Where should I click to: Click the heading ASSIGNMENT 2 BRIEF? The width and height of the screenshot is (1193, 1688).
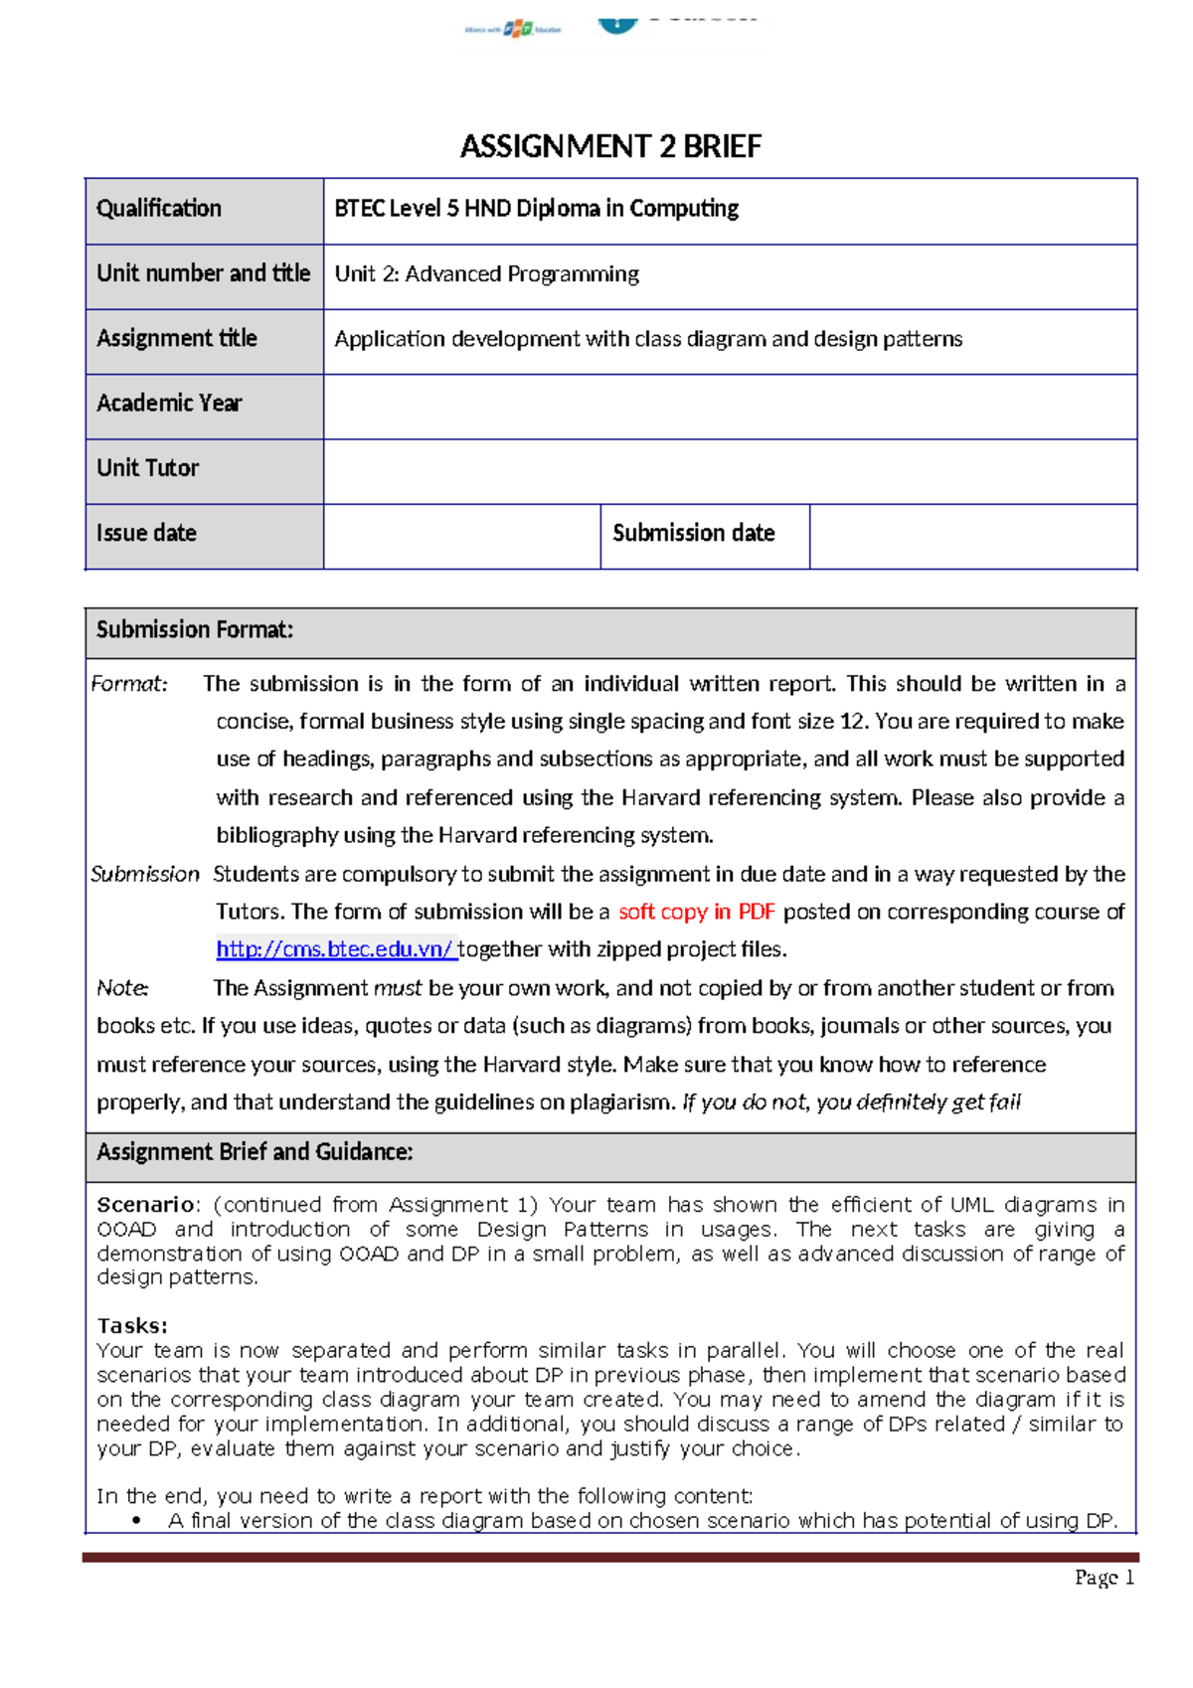[x=610, y=146]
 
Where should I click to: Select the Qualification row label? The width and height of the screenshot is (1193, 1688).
[x=159, y=209]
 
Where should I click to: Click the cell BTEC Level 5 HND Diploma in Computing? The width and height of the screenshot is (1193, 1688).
[x=537, y=209]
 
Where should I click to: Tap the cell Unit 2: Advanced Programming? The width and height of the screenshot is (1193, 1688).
[x=487, y=274]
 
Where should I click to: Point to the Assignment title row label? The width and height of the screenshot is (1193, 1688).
[x=177, y=339]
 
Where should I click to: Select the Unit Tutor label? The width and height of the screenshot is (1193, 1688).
[x=148, y=468]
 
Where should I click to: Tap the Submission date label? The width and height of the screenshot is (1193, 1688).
[x=694, y=534]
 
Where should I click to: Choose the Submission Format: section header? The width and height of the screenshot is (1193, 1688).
[x=195, y=630]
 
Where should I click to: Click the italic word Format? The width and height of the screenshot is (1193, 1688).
[x=129, y=684]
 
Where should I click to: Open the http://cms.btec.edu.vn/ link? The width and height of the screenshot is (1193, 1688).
[x=336, y=949]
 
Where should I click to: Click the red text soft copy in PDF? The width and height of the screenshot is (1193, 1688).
[x=696, y=912]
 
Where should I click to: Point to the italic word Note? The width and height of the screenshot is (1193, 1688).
[x=122, y=988]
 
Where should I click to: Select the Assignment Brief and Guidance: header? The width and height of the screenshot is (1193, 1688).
[x=255, y=1152]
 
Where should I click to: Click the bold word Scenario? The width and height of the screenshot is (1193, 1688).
[x=145, y=1205]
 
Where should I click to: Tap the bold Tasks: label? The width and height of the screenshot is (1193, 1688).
[x=132, y=1326]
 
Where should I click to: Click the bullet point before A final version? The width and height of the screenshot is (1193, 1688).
[x=136, y=1521]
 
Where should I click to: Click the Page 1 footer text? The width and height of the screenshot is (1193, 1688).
[x=1104, y=1578]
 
